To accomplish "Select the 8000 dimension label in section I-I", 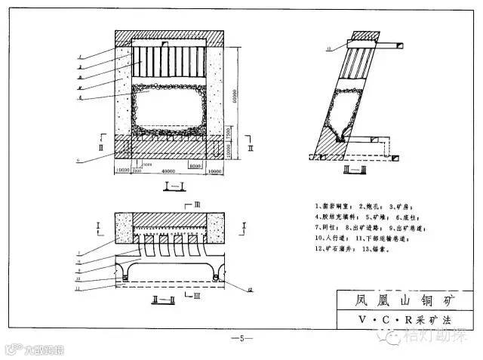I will point(195,165).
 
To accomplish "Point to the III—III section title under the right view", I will point(352,171).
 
